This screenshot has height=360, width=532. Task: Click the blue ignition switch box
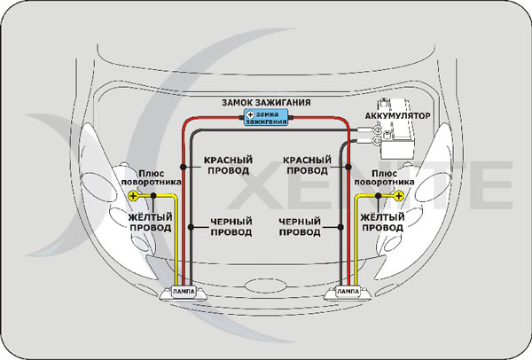pos(266,117)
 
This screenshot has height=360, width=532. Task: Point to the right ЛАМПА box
pos(349,292)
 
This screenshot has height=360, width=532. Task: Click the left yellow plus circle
pos(133,195)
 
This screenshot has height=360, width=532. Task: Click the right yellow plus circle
pos(399,195)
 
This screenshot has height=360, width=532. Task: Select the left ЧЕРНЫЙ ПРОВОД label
pos(230,226)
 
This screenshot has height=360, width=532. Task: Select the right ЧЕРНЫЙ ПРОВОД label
pos(301,226)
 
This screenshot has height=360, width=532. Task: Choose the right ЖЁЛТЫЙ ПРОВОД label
pos(383,221)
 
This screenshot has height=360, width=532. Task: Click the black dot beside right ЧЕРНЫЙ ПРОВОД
pos(337,226)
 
